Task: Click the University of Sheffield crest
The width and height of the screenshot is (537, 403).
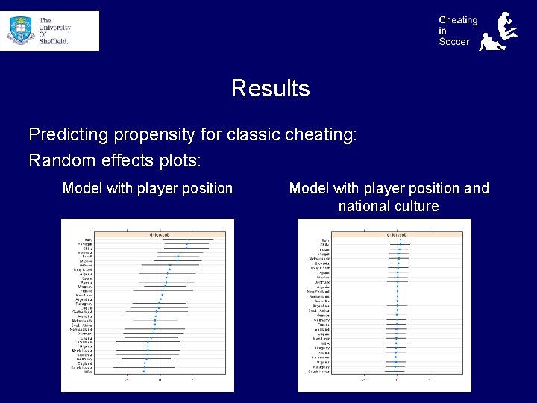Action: [21, 30]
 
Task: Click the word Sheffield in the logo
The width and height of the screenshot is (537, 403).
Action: [54, 42]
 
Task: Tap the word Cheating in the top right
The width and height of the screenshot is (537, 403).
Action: [457, 20]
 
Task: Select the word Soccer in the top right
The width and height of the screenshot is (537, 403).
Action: [453, 42]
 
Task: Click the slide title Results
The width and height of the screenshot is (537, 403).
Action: [270, 88]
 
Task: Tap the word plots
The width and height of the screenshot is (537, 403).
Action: [179, 160]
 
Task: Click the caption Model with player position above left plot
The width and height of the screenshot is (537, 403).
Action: [148, 188]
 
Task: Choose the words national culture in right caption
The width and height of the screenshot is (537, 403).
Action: [389, 206]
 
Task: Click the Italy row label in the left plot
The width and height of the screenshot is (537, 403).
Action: [88, 240]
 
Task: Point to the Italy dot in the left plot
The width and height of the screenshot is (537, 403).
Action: [187, 240]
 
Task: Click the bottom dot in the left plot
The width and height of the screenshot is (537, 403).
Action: [144, 372]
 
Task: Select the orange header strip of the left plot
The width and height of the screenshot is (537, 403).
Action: [159, 234]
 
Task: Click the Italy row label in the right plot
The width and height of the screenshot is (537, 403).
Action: [325, 240]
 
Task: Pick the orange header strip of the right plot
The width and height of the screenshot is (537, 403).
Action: [396, 234]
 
